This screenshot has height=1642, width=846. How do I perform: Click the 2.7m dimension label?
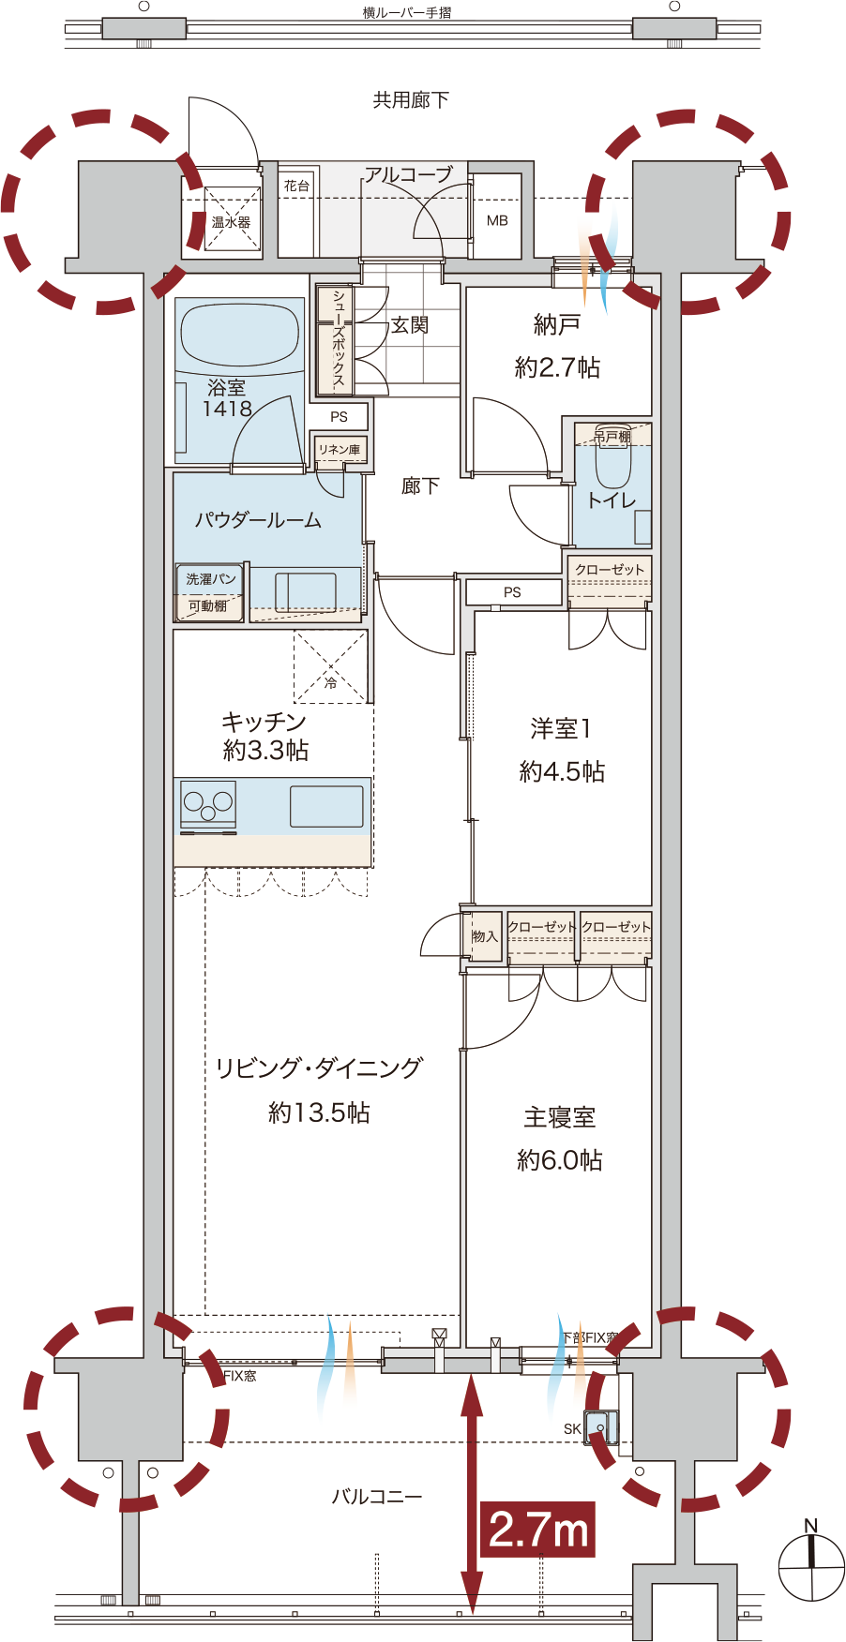coord(539,1530)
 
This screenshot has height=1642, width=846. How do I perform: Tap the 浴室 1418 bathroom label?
coord(227,398)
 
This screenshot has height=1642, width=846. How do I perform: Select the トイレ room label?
coord(612,500)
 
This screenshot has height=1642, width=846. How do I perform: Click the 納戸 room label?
coord(557,325)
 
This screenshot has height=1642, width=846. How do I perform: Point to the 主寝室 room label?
coord(560,1117)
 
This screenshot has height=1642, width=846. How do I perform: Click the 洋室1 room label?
coord(561,728)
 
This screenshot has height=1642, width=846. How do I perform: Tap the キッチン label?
coord(264,722)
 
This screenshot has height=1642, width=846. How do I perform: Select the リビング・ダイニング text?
coord(319,1068)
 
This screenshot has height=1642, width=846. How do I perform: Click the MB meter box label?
coord(497,221)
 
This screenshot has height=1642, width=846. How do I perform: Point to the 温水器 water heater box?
coord(232,221)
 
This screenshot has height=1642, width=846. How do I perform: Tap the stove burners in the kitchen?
coord(208,803)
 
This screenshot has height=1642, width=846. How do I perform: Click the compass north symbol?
coord(811,1563)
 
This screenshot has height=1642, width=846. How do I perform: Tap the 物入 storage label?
coord(485,936)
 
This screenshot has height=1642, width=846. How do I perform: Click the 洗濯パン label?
coord(210,579)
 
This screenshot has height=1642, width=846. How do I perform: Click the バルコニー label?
coord(377,1497)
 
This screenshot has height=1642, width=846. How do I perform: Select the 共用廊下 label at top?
coord(411,100)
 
